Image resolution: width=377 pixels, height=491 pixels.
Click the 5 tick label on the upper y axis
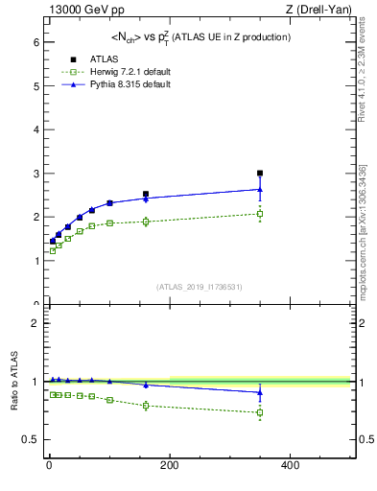(35, 86)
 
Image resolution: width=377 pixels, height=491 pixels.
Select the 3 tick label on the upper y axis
(35, 174)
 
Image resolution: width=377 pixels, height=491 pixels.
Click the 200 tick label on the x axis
(170, 465)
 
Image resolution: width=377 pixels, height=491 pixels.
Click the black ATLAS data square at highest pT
(260, 174)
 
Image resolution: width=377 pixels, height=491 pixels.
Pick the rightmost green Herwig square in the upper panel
(260, 214)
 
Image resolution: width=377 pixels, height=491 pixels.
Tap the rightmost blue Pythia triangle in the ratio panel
(260, 391)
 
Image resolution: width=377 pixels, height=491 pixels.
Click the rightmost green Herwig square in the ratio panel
(260, 413)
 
